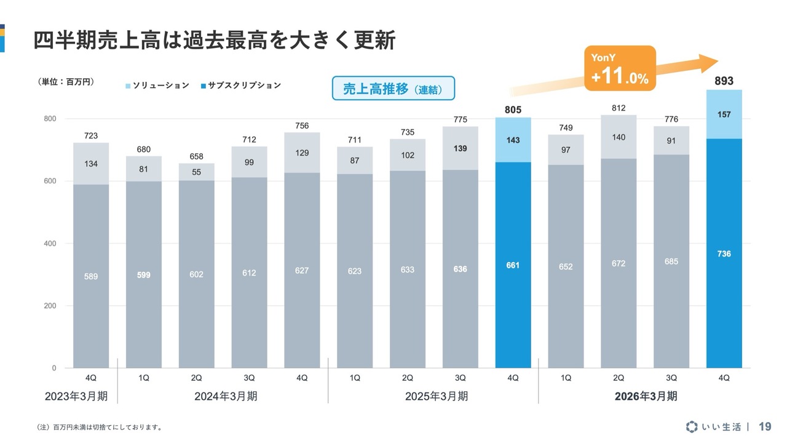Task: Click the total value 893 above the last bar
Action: (x=724, y=81)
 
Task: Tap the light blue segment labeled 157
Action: (x=724, y=114)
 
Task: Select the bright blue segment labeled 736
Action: (x=724, y=253)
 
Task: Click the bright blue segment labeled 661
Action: (x=513, y=265)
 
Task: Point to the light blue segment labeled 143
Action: (x=513, y=140)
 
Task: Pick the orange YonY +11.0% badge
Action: (x=620, y=68)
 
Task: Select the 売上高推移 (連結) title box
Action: (x=393, y=88)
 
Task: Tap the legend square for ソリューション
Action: (x=128, y=86)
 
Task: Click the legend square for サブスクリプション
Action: (x=203, y=86)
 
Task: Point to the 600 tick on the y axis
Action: (x=50, y=181)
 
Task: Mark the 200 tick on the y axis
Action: (x=50, y=306)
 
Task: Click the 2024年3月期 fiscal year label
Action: (x=226, y=396)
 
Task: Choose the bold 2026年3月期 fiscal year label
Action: (x=646, y=396)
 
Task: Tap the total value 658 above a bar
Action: (x=196, y=156)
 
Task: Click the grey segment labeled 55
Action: (x=196, y=172)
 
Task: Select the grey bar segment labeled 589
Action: (x=91, y=276)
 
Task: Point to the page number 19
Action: (x=765, y=426)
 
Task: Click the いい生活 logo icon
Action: (x=692, y=426)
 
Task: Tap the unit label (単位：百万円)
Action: (x=65, y=82)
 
